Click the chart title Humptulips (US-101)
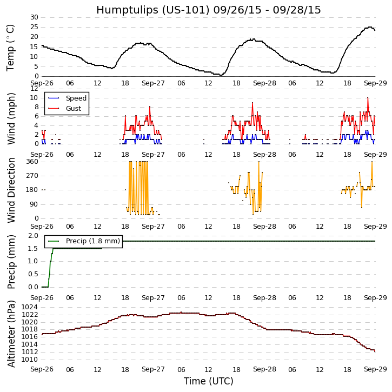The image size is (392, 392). click(x=208, y=10)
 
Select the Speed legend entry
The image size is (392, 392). click(x=76, y=98)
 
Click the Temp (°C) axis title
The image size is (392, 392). click(x=11, y=47)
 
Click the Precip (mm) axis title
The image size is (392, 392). click(x=11, y=261)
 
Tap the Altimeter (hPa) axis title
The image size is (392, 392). click(x=11, y=333)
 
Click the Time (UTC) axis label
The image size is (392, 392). click(x=208, y=381)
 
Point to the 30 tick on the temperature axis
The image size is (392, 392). click(x=34, y=17)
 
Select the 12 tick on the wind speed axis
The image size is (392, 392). click(x=34, y=88)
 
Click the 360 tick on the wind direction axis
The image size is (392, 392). click(x=32, y=162)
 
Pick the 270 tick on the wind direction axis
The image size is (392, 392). click(x=32, y=176)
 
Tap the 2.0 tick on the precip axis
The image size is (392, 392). click(x=33, y=236)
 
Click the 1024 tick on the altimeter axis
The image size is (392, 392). click(x=30, y=307)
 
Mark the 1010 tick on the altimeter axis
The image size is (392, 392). click(x=30, y=359)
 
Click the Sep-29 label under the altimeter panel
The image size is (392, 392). click(x=375, y=369)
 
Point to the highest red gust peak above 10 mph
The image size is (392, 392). click(x=368, y=98)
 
